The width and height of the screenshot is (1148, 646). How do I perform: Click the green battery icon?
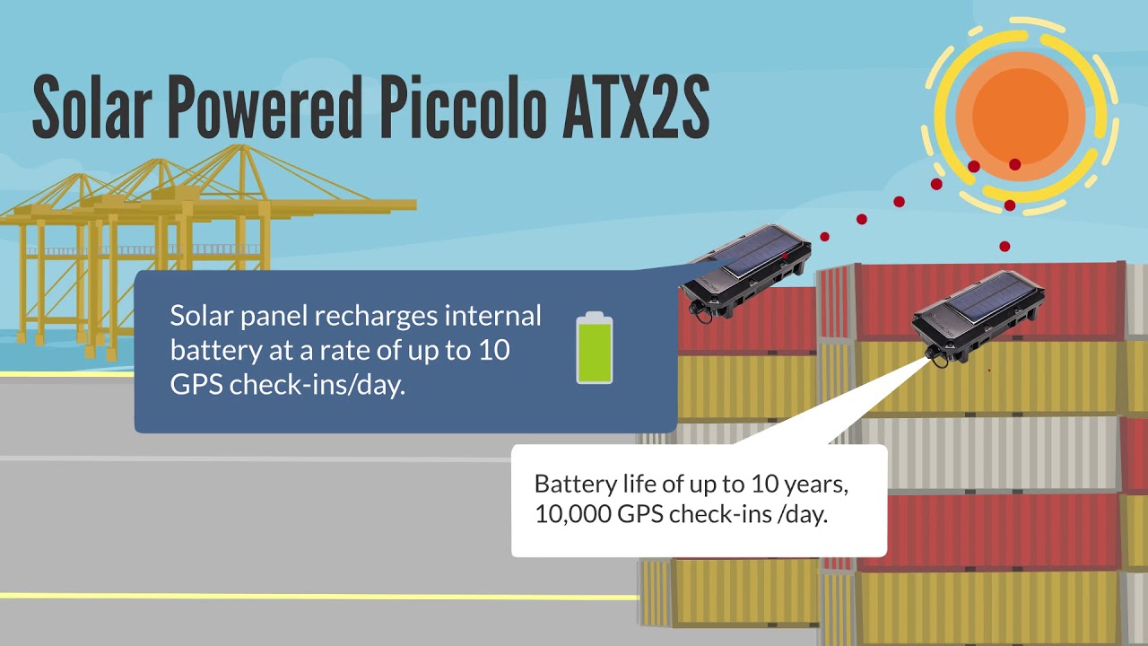(594, 348)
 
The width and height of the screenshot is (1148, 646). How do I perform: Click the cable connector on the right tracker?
(937, 355)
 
